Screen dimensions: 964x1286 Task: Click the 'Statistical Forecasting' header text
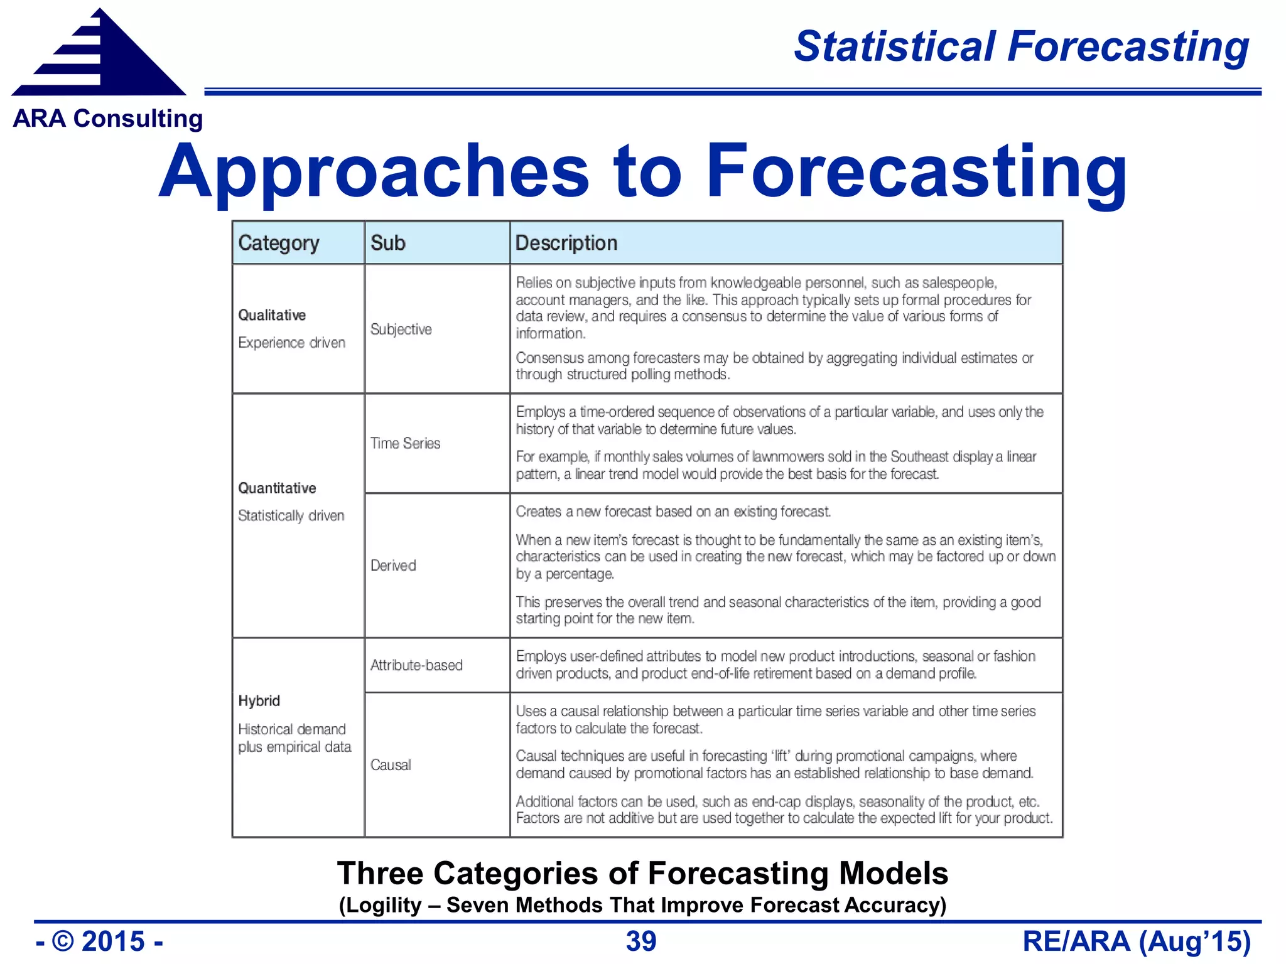1021,46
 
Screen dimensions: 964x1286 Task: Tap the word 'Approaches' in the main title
374,172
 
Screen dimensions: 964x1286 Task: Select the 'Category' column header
279,243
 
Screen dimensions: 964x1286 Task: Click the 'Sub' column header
387,243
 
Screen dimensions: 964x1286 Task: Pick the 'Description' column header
566,243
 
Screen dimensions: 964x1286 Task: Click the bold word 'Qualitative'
272,315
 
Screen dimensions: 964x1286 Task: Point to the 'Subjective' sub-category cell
401,329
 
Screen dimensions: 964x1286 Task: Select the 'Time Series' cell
405,443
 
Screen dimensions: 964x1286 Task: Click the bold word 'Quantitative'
277,488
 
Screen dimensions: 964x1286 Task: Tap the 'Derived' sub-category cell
393,565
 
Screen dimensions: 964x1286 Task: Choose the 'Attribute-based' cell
416,665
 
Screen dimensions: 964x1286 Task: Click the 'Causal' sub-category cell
391,765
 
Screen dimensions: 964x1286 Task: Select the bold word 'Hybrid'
259,701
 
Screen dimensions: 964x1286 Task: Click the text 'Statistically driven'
291,516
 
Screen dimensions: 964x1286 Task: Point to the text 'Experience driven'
292,343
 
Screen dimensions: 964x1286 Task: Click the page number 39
641,941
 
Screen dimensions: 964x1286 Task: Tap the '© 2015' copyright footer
99,941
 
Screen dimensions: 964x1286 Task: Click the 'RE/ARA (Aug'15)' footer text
1137,941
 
